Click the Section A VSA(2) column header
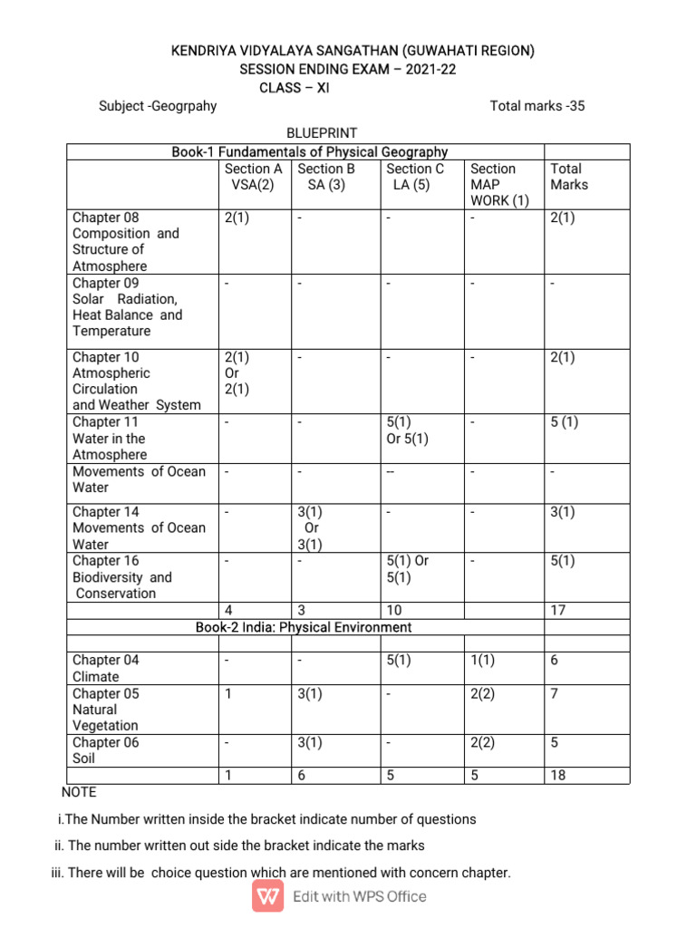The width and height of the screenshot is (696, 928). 253,177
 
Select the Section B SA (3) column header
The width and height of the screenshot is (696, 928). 326,177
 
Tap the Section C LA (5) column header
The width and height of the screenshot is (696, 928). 415,177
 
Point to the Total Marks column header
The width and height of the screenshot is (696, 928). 569,177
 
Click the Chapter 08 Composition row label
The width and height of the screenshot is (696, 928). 126,242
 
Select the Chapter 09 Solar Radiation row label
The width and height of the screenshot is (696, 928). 127,307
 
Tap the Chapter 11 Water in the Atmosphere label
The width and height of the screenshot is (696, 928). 109,439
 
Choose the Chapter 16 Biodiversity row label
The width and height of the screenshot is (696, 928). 121,577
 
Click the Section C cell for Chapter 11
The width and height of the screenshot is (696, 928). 408,430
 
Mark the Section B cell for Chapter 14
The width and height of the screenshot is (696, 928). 312,528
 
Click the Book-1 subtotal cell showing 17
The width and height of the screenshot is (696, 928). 558,610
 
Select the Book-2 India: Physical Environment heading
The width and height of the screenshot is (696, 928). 304,627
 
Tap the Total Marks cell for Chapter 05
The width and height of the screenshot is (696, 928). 554,694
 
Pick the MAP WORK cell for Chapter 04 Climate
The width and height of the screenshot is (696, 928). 483,661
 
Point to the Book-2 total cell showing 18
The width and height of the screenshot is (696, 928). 558,776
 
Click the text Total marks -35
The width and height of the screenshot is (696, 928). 537,106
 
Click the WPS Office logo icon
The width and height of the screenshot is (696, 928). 269,896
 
